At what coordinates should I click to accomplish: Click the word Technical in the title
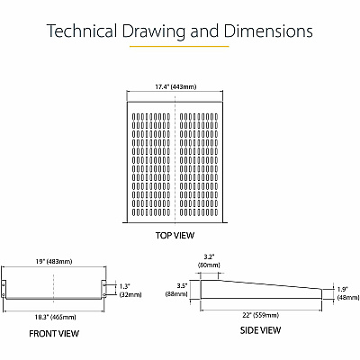tap(82, 31)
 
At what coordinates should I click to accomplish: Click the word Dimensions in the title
tap(268, 31)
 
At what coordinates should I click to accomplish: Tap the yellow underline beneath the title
tap(179, 47)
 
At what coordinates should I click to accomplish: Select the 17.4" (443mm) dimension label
tap(175, 87)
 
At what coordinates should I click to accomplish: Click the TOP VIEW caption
tap(175, 235)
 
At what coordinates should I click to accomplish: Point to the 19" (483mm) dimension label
tap(54, 261)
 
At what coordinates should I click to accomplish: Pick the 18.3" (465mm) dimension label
tap(55, 317)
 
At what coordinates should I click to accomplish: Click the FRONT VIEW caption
tap(54, 334)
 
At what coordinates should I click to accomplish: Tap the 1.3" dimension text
tap(125, 286)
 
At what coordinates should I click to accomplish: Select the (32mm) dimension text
tap(130, 294)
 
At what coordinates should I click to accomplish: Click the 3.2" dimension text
tap(209, 256)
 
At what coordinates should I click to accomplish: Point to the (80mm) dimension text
tap(209, 265)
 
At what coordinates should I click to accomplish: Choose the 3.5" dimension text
tap(182, 285)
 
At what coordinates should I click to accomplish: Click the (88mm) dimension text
tap(176, 294)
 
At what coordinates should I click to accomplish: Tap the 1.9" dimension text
tap(342, 289)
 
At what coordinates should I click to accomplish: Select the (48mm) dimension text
tap(348, 297)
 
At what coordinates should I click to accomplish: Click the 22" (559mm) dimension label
tap(261, 315)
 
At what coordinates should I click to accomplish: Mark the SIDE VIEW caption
tap(260, 330)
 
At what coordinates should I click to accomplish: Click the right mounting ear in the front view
tap(103, 289)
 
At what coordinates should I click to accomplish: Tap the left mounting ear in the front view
tap(4, 289)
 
